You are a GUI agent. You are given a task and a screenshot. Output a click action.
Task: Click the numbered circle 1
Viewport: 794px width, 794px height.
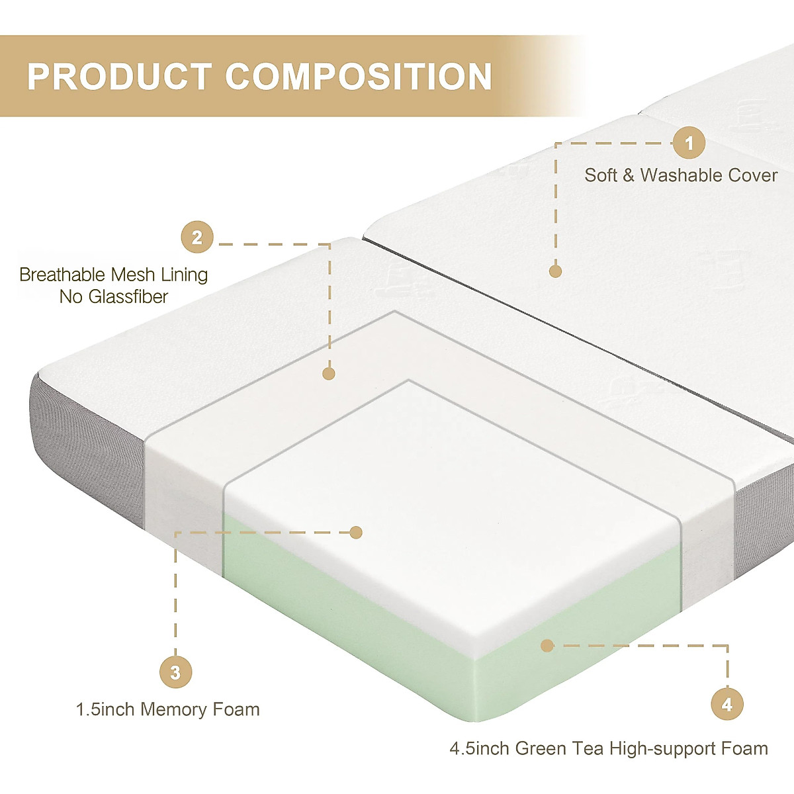[689, 143]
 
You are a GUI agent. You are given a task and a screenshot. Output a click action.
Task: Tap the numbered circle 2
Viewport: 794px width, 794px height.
[197, 237]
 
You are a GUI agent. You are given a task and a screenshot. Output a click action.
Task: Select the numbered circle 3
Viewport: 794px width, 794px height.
[175, 673]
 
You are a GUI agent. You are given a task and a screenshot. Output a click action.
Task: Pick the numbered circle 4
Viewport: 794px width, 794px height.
[727, 705]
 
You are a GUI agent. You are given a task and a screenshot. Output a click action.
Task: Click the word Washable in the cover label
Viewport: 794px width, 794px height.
[681, 175]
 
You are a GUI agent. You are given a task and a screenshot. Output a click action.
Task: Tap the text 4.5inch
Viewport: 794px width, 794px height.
[479, 749]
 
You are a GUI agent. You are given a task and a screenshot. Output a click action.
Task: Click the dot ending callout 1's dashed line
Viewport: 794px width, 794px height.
[555, 271]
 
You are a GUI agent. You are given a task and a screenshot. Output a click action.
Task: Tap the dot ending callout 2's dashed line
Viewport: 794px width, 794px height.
[329, 373]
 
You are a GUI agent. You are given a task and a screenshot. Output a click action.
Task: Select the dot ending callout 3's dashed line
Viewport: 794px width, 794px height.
[356, 532]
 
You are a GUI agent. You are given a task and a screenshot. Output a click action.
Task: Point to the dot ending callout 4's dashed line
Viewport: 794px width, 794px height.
[547, 645]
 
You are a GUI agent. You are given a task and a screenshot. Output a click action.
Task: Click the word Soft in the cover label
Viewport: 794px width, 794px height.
[601, 175]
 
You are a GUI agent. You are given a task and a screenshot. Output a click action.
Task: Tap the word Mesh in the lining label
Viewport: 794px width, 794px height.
[135, 275]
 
